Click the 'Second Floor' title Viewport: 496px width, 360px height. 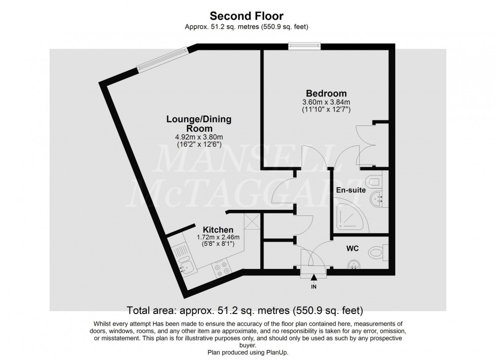click(247, 17)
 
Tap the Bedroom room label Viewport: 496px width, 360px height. click(326, 94)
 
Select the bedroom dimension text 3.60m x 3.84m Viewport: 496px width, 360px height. click(326, 102)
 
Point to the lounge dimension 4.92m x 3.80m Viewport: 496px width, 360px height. click(199, 137)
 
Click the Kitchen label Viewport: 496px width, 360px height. click(218, 230)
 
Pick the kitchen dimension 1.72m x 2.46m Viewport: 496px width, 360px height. click(218, 237)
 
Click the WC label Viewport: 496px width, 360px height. click(353, 249)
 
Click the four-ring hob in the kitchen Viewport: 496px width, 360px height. click(221, 267)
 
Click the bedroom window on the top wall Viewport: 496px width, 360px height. click(304, 47)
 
